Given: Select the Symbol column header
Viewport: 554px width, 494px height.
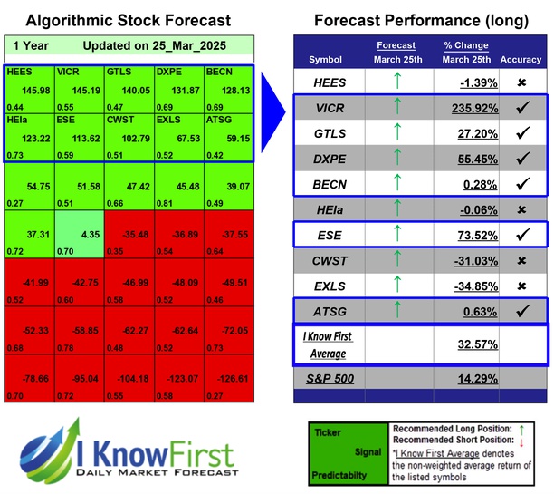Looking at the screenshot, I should (326, 60).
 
